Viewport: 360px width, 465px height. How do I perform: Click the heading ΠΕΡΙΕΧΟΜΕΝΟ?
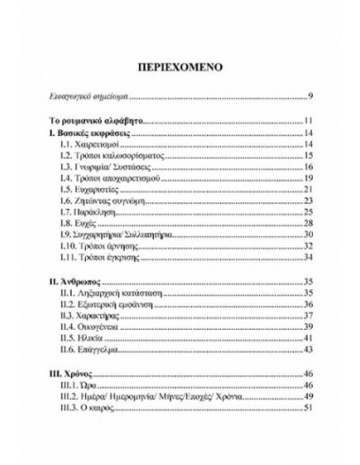coord(180,70)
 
